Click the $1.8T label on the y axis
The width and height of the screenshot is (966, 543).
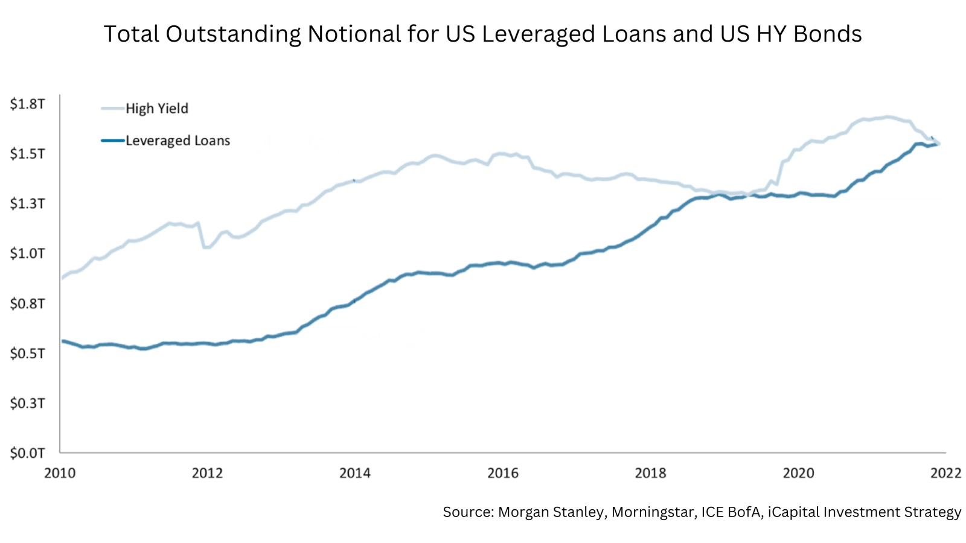(x=27, y=104)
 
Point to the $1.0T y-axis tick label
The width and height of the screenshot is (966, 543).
(x=27, y=253)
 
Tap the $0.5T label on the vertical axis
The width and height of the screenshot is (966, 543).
(x=27, y=353)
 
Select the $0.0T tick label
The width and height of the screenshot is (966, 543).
(x=27, y=453)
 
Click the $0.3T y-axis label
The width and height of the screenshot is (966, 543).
(x=27, y=403)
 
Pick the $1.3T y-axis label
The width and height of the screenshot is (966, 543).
(x=27, y=204)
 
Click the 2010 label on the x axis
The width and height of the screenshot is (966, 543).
(x=60, y=473)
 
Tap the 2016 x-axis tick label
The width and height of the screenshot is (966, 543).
(x=503, y=473)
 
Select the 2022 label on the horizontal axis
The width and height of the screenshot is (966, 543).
(x=945, y=473)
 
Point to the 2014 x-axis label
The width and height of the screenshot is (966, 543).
(x=355, y=473)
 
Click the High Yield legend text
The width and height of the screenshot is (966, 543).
(x=157, y=109)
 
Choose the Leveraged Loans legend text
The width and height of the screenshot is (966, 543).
(x=178, y=141)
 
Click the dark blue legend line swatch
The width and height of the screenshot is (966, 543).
(x=112, y=141)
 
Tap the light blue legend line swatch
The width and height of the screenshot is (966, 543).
(x=112, y=109)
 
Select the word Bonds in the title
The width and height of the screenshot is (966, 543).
(x=827, y=34)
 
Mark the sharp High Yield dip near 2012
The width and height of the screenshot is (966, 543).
(x=206, y=247)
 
